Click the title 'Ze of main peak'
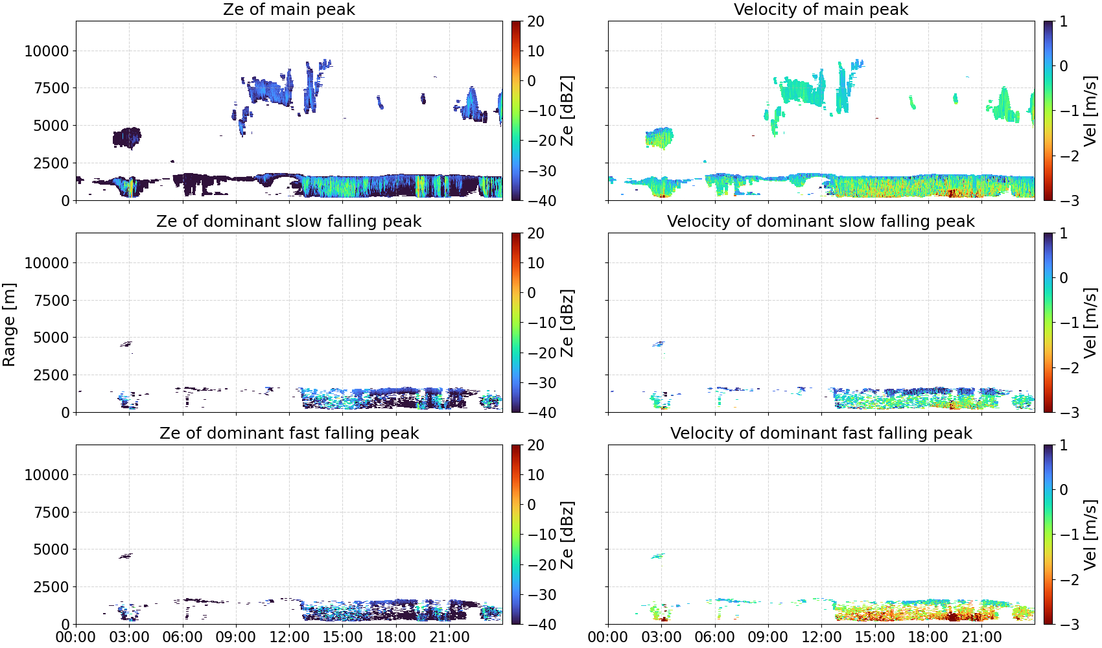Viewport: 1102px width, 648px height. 288,9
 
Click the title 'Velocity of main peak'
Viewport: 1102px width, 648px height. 821,9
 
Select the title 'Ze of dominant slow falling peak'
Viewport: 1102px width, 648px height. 288,221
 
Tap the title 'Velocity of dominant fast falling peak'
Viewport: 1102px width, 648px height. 821,433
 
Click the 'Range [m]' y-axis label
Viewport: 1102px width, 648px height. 9,325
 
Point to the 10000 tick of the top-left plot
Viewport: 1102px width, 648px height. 47,51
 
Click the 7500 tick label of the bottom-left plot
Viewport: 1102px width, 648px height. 52,513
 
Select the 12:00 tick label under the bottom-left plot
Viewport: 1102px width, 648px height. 289,637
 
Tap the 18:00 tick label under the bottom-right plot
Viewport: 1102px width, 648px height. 928,637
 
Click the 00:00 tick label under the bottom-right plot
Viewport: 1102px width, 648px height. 608,637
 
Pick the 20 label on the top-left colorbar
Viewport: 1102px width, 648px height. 536,21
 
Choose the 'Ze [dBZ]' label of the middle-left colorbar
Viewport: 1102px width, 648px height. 567,323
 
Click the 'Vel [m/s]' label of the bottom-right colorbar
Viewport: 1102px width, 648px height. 1090,535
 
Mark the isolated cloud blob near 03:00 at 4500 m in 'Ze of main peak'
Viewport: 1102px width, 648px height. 127,137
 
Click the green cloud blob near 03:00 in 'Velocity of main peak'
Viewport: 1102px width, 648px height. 659,137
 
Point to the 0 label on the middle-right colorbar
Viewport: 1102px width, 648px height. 1064,278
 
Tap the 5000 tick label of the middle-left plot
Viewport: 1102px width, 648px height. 52,338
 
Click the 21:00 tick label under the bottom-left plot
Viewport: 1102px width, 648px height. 449,637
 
